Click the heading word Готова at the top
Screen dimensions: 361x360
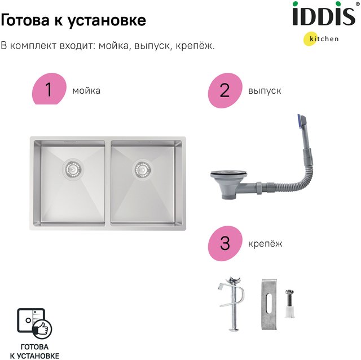(x=25, y=20)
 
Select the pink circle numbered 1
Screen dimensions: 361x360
(x=49, y=89)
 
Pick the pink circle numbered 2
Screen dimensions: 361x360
(x=225, y=90)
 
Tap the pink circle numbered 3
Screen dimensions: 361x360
(x=225, y=243)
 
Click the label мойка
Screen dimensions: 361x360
(x=86, y=91)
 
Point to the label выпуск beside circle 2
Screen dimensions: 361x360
(x=265, y=91)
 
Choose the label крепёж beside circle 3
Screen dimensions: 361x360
(x=265, y=244)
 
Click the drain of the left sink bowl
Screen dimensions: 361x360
(x=73, y=169)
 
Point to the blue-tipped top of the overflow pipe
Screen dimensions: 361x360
(x=302, y=120)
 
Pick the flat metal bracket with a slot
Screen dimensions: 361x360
(x=269, y=305)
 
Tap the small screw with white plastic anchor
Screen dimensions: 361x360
(x=289, y=304)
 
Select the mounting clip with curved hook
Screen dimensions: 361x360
(x=231, y=304)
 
